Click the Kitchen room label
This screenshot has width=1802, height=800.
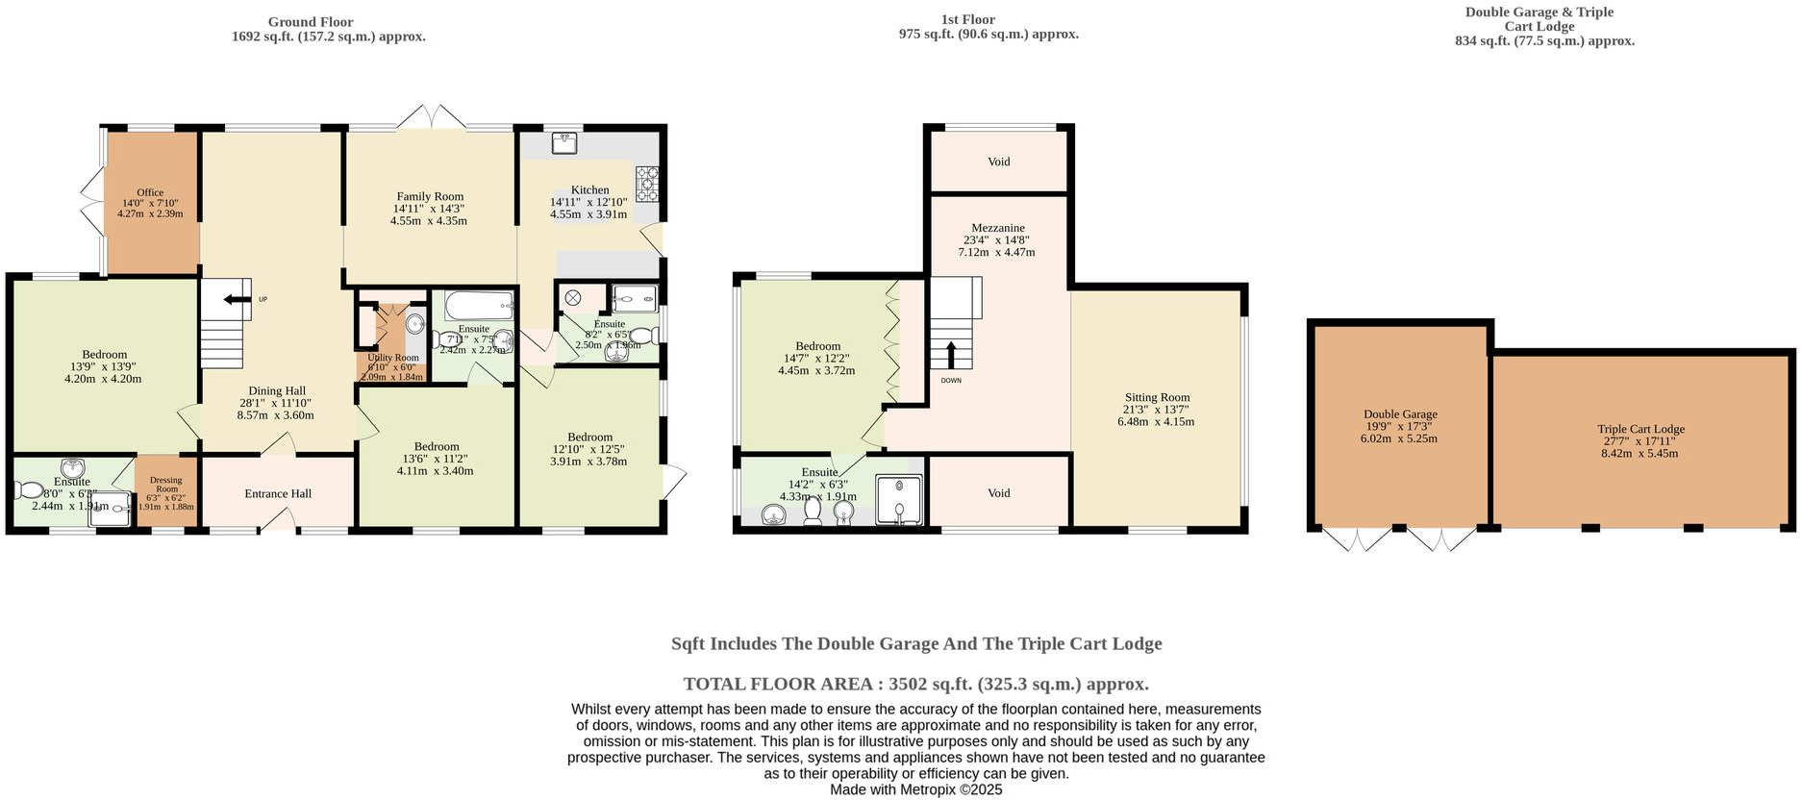click(589, 190)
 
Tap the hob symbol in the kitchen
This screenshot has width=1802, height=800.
click(647, 183)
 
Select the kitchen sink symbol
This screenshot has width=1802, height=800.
click(564, 143)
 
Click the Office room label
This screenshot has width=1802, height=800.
click(150, 192)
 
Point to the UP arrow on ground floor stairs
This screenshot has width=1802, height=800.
click(234, 300)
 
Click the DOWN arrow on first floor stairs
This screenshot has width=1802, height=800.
click(951, 355)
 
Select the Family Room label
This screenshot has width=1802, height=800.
click(430, 196)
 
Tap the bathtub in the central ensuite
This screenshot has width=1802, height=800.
click(480, 307)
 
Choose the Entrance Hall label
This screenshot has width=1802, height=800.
click(278, 494)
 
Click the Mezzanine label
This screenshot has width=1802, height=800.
click(997, 229)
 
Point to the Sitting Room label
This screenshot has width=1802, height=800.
click(1157, 397)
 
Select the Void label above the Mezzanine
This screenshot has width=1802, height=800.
click(998, 162)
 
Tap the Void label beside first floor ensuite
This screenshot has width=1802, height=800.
click(998, 493)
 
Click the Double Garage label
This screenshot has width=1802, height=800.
click(1399, 414)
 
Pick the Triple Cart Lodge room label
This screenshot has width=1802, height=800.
click(1640, 430)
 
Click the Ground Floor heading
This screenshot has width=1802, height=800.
click(311, 22)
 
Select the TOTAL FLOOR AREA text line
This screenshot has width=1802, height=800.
click(915, 685)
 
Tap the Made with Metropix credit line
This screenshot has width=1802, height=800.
click(915, 789)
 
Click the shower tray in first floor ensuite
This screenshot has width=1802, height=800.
click(899, 500)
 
